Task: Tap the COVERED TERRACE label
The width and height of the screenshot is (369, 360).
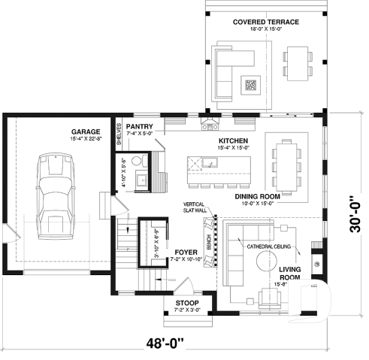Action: pos(265,23)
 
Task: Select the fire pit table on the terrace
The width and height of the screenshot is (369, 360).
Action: pos(251,84)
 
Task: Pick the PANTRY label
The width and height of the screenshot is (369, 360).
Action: pos(140,126)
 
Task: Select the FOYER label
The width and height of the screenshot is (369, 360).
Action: pos(185,252)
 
